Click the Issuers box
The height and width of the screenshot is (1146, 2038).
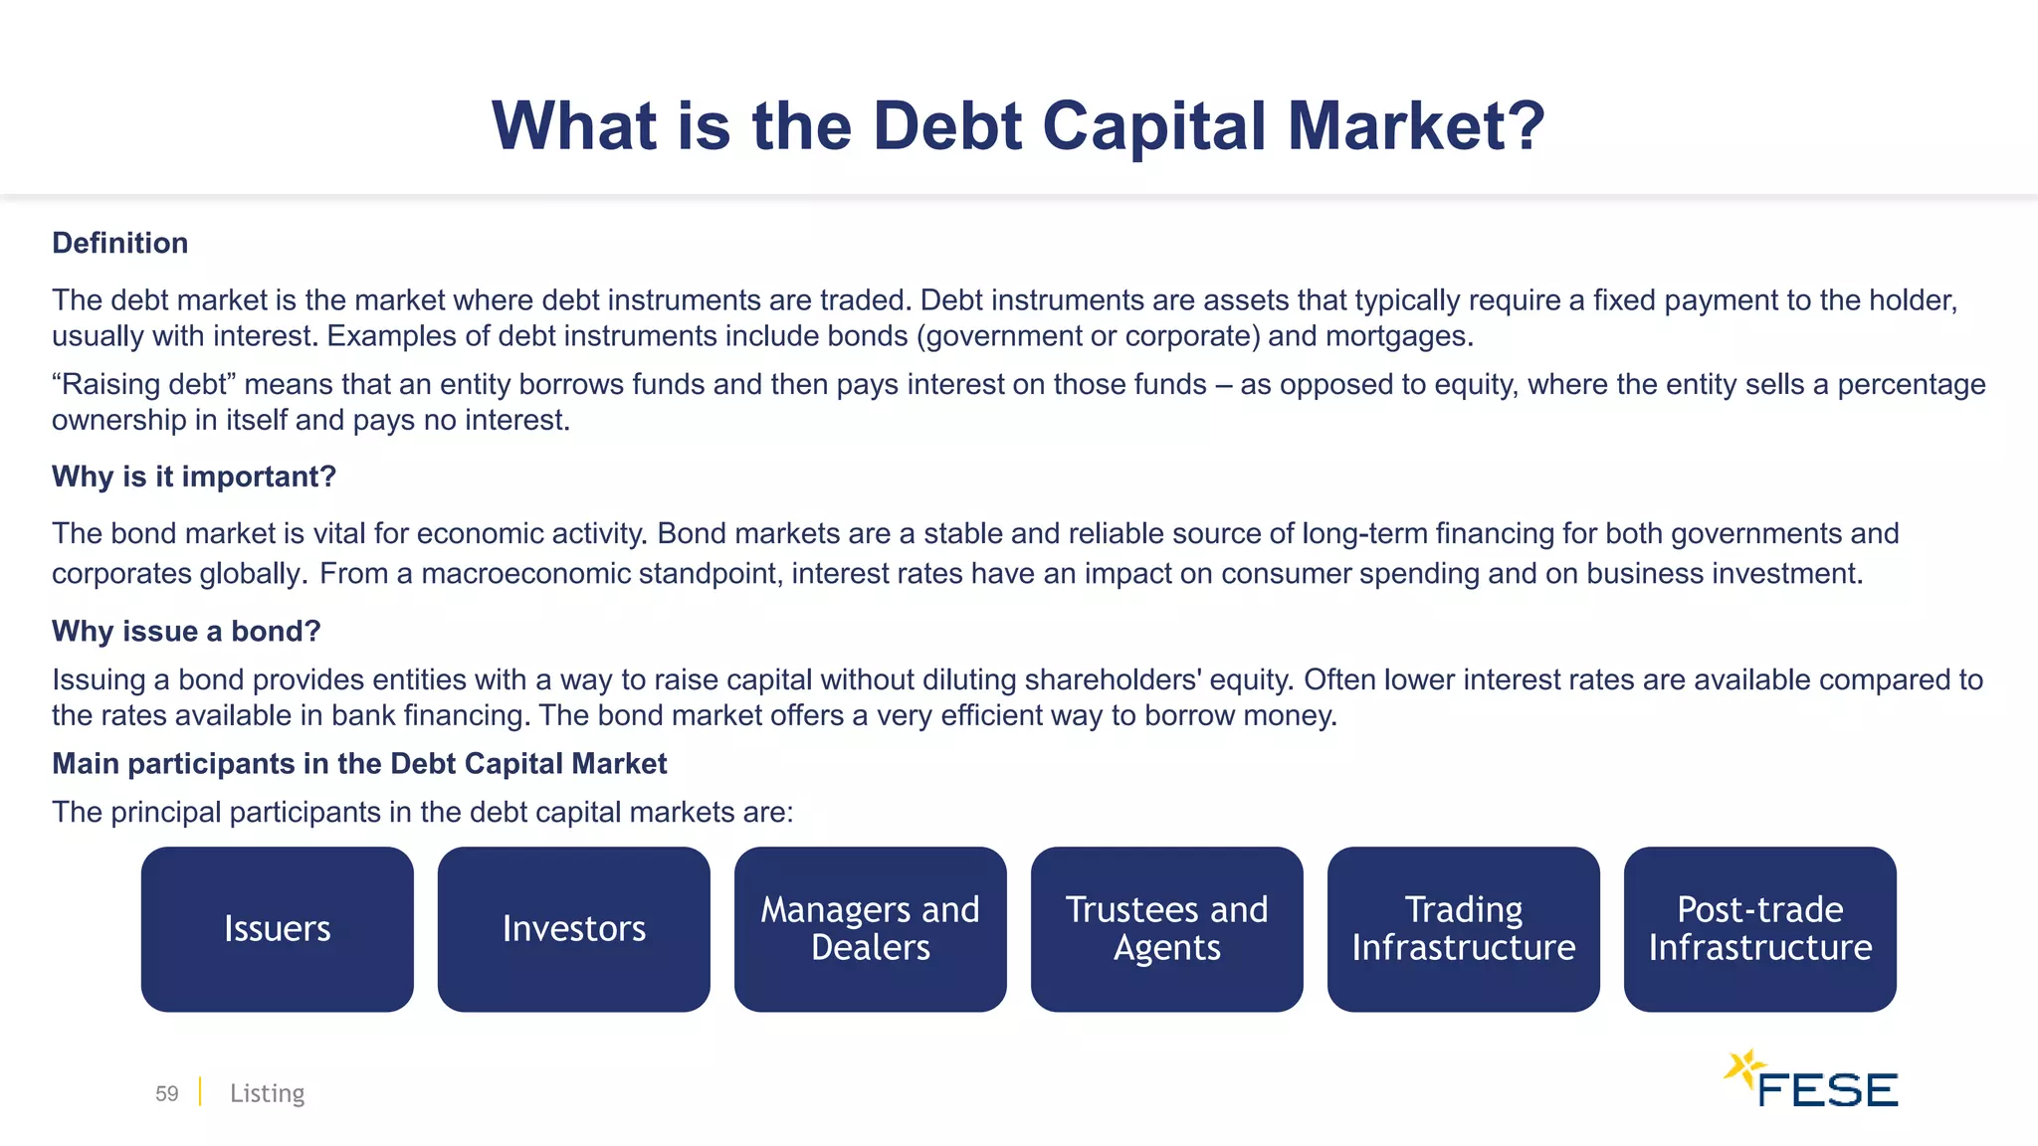(277, 929)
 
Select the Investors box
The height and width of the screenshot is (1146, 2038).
(573, 929)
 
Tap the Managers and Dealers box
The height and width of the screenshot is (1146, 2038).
(870, 929)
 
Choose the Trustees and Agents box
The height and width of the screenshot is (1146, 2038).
(1166, 929)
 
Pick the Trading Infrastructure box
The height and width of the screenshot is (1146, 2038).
(1463, 929)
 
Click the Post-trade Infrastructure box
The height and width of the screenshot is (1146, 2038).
(1759, 929)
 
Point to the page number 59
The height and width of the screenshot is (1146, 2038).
(166, 1093)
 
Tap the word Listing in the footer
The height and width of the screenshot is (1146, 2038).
(267, 1093)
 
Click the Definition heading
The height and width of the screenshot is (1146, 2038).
(119, 243)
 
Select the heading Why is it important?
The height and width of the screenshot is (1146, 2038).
(194, 477)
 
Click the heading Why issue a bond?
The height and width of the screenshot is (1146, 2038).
(186, 631)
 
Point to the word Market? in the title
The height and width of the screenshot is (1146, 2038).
(1415, 126)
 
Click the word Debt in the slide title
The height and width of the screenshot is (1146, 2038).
(946, 126)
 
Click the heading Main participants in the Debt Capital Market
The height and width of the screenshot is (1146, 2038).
(359, 764)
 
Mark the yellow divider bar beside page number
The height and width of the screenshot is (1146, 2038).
(200, 1091)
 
